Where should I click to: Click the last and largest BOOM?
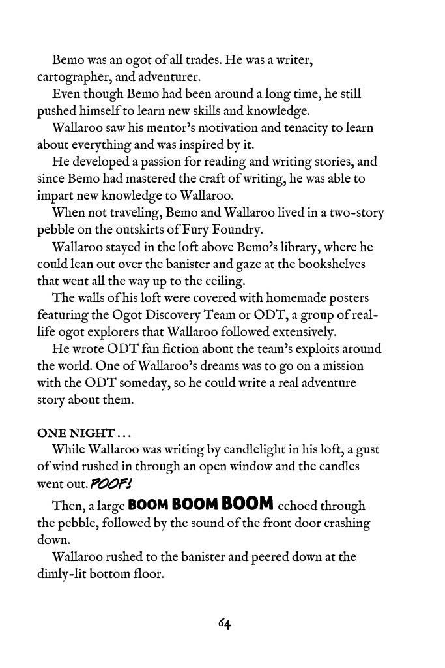(x=247, y=504)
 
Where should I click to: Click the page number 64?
(x=225, y=624)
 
